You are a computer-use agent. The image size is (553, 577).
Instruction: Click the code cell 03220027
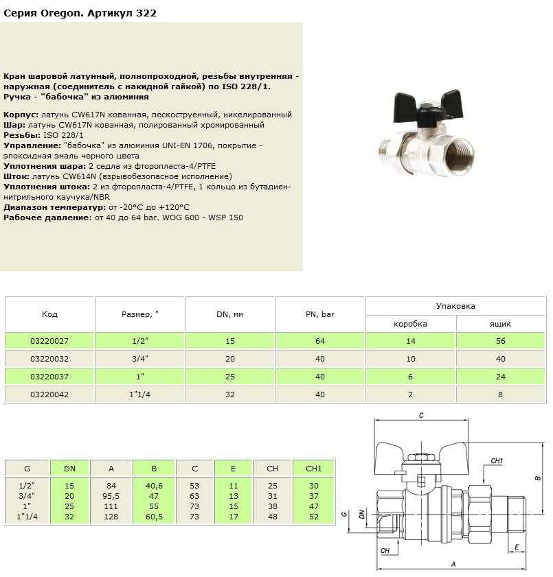click(x=49, y=341)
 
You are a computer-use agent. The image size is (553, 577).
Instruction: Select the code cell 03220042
click(x=49, y=395)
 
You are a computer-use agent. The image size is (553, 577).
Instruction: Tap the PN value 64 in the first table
click(x=320, y=341)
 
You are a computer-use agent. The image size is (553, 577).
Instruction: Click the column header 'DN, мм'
click(x=230, y=314)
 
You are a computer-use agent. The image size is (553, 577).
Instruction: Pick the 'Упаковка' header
click(x=455, y=306)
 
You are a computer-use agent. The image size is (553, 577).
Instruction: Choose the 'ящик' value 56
click(x=501, y=341)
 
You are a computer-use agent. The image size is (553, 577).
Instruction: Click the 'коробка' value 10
click(x=411, y=359)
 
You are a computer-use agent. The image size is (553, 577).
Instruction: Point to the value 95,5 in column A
click(x=111, y=495)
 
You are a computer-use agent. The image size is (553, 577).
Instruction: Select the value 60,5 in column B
click(x=153, y=515)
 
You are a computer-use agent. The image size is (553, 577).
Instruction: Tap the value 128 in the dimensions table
click(x=111, y=515)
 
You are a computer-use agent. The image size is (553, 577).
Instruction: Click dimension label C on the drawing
click(x=421, y=416)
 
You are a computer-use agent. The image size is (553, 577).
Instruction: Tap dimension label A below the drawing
click(x=453, y=564)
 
